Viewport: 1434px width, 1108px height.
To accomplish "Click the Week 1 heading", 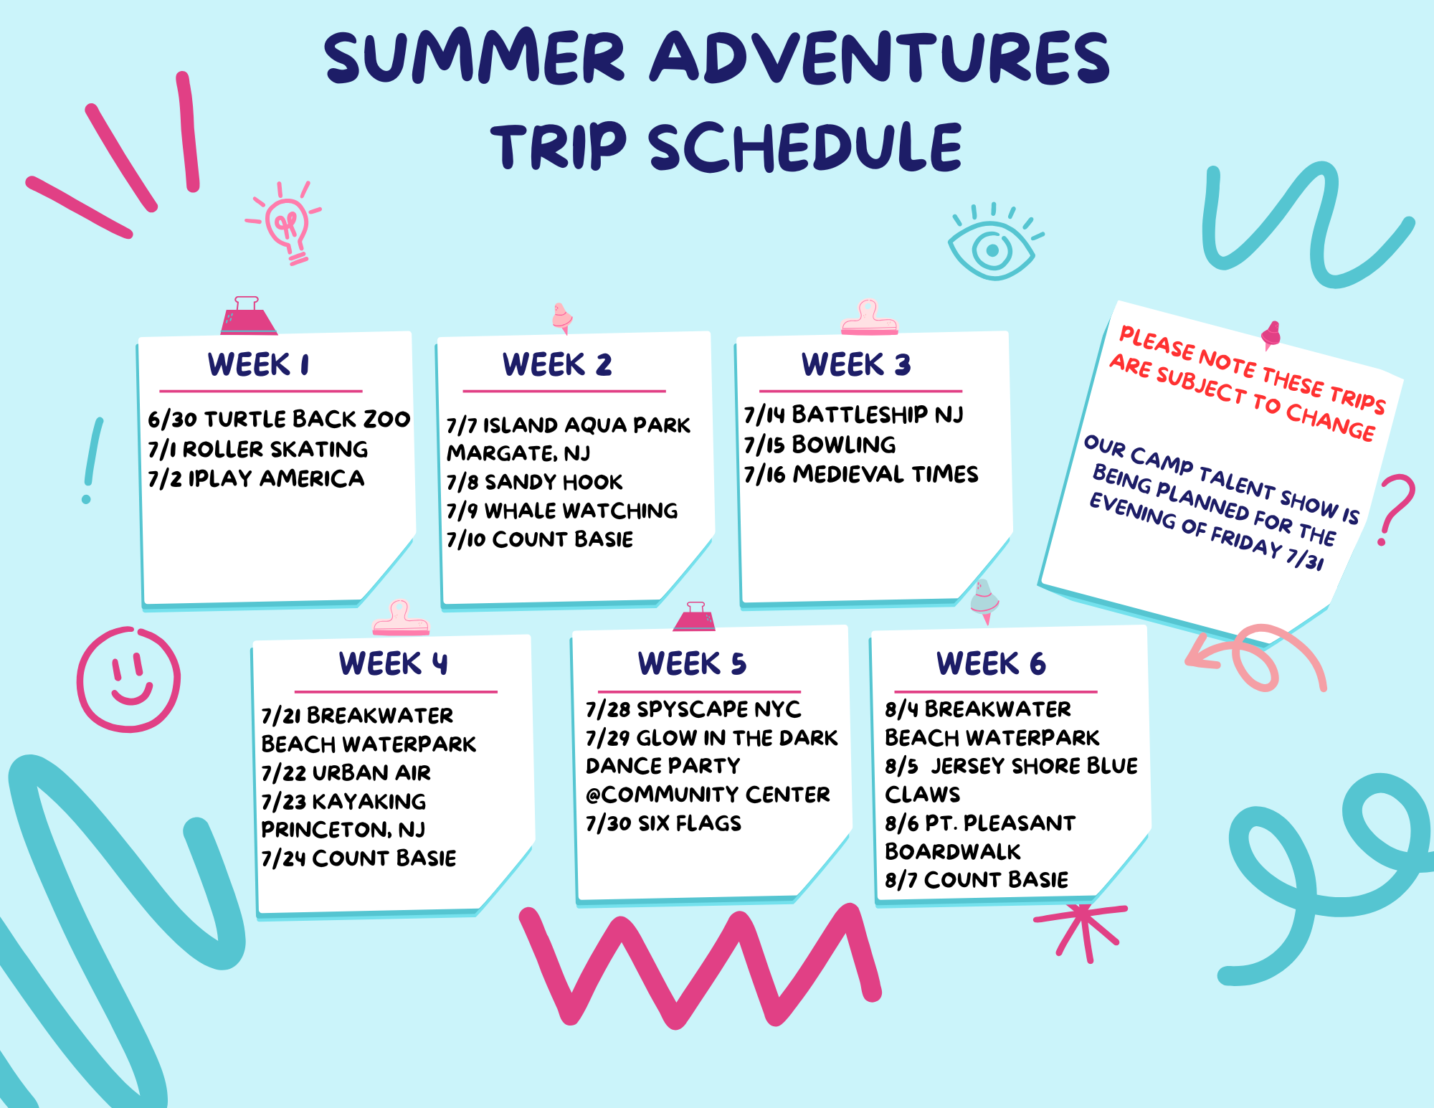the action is click(259, 364).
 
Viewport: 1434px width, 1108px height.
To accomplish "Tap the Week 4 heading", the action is click(394, 663).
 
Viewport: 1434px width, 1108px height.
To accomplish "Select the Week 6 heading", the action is click(992, 663).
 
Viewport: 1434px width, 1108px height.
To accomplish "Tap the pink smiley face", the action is click(128, 679).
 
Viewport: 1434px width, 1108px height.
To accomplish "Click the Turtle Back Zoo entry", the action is click(279, 419).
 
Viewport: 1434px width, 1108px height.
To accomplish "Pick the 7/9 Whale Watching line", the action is click(562, 511).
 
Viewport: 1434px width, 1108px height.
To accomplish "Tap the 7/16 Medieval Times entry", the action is click(861, 474).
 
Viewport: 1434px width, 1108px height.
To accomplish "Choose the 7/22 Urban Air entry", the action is click(346, 772).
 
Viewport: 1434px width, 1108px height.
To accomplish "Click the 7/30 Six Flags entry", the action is click(663, 823).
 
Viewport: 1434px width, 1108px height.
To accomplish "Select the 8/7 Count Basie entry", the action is click(977, 879).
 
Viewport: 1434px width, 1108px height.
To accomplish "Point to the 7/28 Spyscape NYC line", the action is click(693, 709).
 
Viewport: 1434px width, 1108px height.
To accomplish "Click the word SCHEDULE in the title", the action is click(805, 146).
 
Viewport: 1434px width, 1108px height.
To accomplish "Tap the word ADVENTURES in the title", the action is click(880, 57).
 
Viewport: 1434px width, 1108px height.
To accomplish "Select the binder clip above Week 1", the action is click(248, 316).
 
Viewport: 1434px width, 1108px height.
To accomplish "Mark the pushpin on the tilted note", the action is click(1271, 334).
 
